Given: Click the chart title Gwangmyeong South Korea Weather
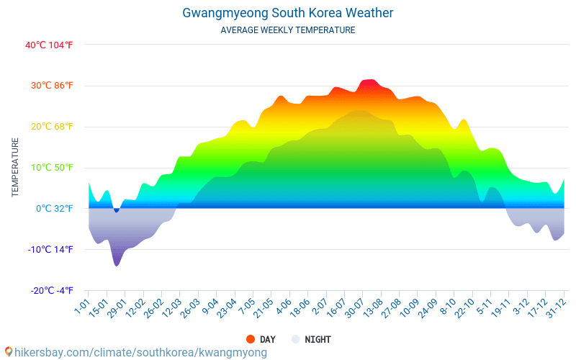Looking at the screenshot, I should tap(288, 13).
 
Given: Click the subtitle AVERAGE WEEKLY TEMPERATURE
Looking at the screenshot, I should tap(288, 30).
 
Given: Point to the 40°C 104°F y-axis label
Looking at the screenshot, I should tap(49, 45).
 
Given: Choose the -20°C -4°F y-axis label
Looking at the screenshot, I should tap(51, 291).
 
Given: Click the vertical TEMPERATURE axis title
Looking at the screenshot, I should tap(15, 168).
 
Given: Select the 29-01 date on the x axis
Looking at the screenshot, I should tap(117, 307).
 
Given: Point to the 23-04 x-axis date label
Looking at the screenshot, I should tap(227, 307).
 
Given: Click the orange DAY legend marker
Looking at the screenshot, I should tap(251, 339).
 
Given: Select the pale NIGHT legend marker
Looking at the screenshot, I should tap(295, 339).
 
